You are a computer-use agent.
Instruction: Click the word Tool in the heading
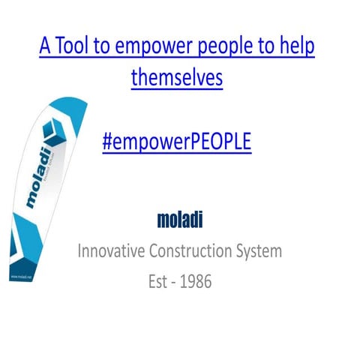[75, 46]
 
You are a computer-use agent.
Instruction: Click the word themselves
[177, 77]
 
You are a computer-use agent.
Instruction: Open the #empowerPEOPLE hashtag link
[177, 142]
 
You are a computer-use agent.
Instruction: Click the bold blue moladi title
[180, 220]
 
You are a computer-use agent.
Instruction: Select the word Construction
[196, 250]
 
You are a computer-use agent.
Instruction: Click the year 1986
[195, 282]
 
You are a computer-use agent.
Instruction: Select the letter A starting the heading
[46, 46]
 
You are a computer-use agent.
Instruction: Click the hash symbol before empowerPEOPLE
[108, 142]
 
